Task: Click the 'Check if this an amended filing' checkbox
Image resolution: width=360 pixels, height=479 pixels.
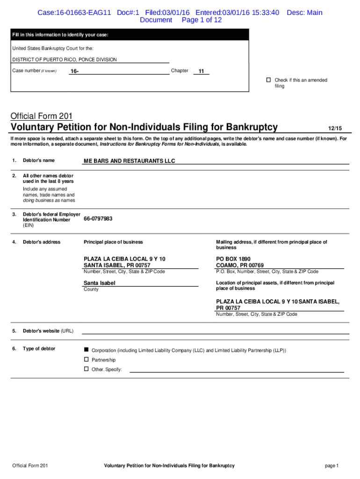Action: coord(268,80)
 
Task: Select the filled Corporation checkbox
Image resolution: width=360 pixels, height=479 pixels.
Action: coord(86,350)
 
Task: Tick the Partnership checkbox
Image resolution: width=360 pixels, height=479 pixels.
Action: coord(86,360)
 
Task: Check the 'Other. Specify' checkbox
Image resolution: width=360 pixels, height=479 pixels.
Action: coord(86,369)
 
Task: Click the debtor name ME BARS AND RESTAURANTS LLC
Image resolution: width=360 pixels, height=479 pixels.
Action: coord(129,161)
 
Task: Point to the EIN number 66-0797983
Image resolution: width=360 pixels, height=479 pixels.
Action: coord(98,218)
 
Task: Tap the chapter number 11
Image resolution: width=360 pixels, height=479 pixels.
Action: coord(201,71)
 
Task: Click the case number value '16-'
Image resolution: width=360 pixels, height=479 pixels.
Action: coord(74,71)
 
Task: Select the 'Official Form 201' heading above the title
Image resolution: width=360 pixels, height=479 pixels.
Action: coord(42,116)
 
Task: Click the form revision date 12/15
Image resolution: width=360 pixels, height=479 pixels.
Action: coord(335,128)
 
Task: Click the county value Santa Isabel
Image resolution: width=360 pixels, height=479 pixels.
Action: coord(99,283)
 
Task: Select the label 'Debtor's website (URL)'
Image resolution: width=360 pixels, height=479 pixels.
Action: coord(48,331)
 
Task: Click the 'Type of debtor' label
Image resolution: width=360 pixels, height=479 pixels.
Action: coord(39,348)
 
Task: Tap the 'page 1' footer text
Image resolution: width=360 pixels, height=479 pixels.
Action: coord(331,465)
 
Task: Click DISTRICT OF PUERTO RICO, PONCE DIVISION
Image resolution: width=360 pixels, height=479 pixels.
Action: coord(65,59)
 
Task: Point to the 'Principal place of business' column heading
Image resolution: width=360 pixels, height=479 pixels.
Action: coord(113,242)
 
